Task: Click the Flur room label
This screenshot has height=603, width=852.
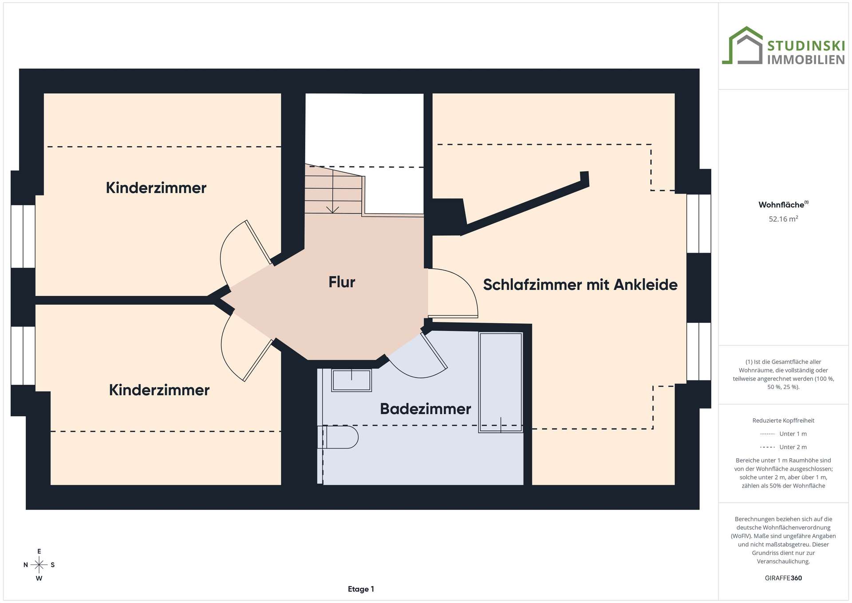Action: [x=342, y=282]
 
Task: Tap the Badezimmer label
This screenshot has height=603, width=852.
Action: [x=426, y=409]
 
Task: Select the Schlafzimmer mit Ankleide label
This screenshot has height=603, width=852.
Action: [x=580, y=285]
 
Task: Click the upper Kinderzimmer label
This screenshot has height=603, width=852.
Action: [x=156, y=188]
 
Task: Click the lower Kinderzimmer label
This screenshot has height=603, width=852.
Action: [x=159, y=390]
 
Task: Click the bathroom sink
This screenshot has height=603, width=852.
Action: [x=351, y=380]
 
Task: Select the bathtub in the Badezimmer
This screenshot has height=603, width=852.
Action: [x=501, y=382]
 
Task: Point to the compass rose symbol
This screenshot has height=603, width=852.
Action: [x=39, y=565]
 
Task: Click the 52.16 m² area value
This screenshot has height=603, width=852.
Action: [x=783, y=218]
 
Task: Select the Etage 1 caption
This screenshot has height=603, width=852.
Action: [x=361, y=589]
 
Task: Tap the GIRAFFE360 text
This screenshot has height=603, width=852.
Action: [x=783, y=578]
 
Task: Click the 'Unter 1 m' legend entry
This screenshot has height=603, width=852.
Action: [x=783, y=434]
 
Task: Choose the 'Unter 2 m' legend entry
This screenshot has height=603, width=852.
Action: [x=783, y=447]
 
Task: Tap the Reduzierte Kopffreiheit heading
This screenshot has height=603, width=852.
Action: [x=783, y=421]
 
